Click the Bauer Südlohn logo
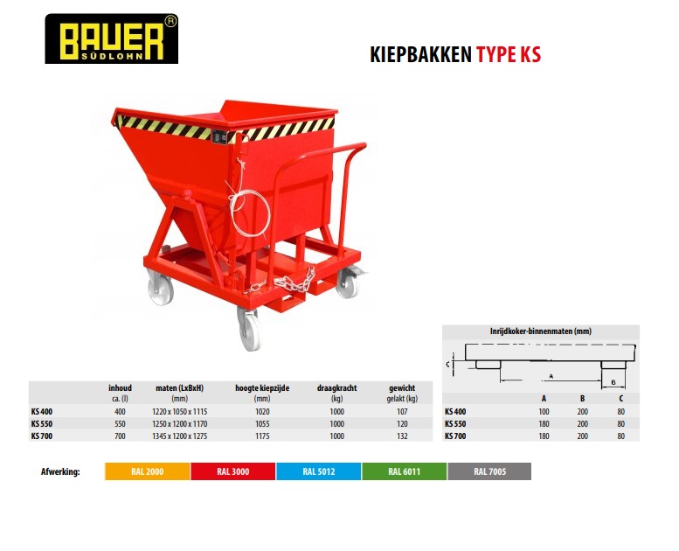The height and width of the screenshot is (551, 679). [111, 38]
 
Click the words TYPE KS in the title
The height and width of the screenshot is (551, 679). [509, 54]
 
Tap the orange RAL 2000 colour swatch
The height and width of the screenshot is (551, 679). [147, 471]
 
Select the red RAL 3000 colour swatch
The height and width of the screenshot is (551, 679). [233, 471]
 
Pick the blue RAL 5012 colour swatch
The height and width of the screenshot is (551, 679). [319, 471]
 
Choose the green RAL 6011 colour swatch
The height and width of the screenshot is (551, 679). [404, 471]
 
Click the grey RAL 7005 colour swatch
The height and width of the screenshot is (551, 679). [489, 471]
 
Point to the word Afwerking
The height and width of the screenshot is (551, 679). [60, 471]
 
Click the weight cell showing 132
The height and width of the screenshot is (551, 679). [402, 436]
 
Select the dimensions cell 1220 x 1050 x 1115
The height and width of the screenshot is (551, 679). [179, 411]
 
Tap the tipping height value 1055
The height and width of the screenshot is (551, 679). [262, 424]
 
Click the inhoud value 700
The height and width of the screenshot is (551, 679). [120, 436]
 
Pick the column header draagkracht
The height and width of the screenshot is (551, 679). [337, 388]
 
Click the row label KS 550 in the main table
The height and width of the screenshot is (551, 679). [42, 424]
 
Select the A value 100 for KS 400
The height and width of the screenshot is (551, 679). [544, 411]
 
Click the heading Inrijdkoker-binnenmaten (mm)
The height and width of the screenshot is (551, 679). [540, 331]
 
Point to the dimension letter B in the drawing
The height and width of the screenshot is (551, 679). [613, 382]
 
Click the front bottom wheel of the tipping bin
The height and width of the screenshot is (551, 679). [250, 331]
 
